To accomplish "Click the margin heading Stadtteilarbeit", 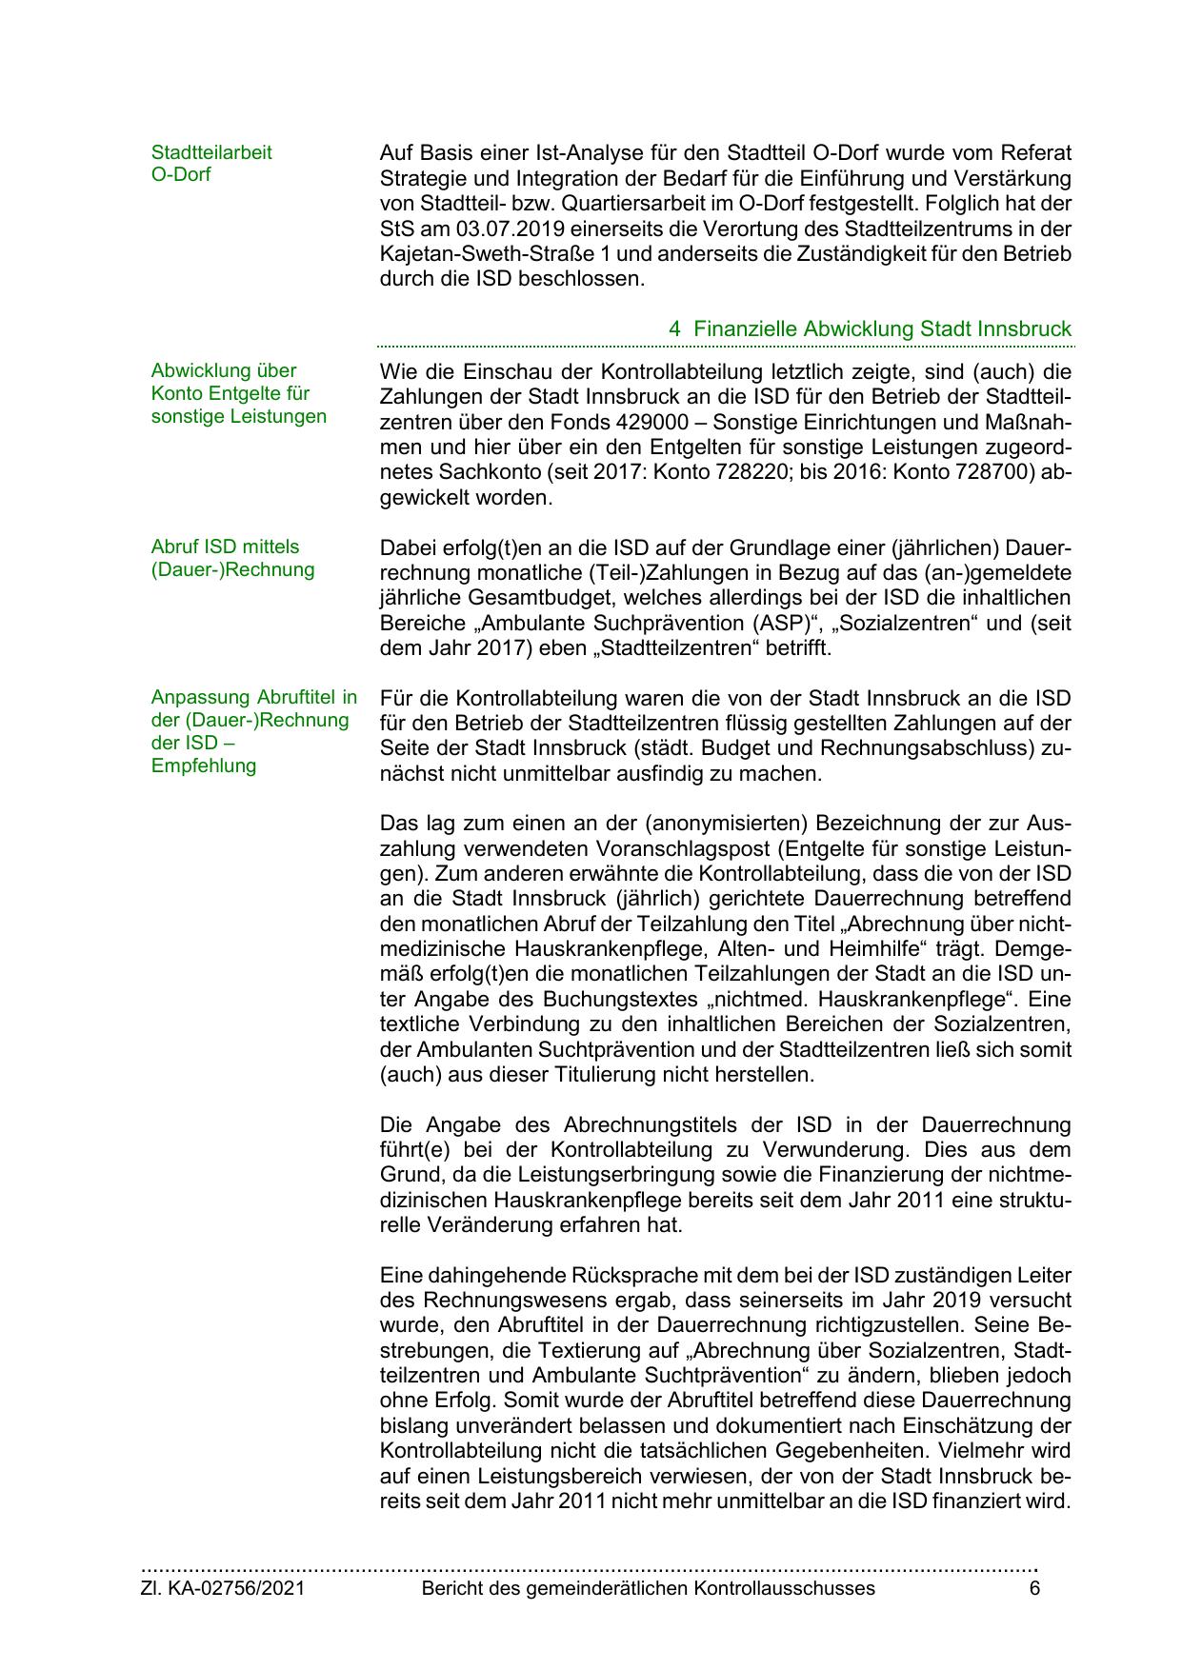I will click(x=211, y=152).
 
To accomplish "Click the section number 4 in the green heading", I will click(x=674, y=328).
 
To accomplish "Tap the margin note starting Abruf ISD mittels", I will click(x=225, y=547).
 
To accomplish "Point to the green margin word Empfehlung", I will click(x=204, y=765).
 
